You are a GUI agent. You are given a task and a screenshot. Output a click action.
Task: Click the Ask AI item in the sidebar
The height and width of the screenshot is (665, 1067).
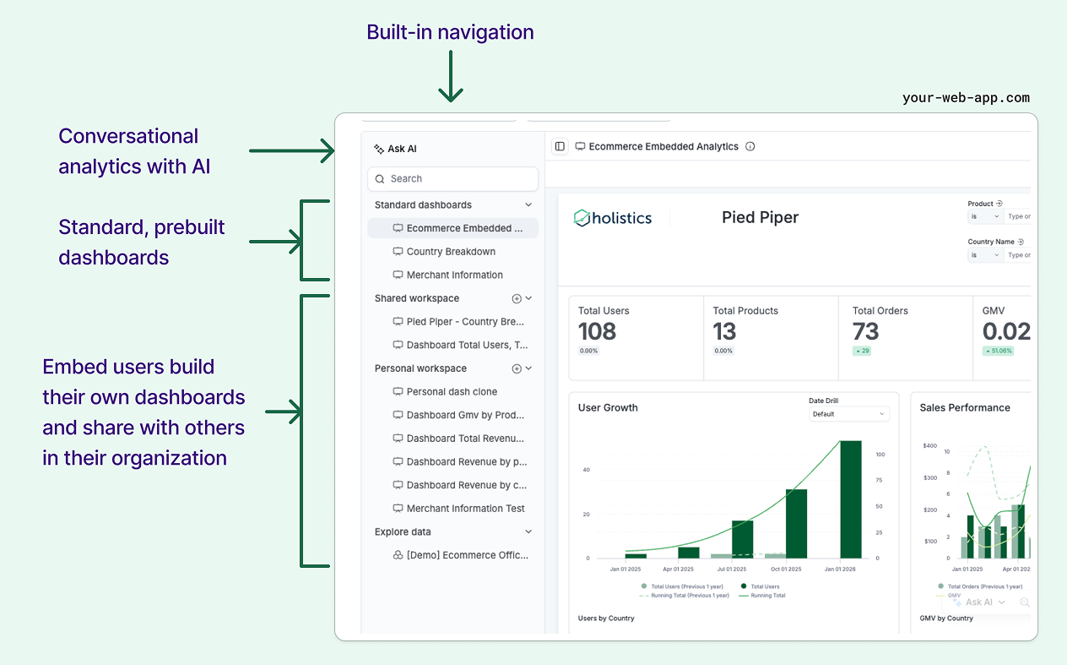click(x=395, y=149)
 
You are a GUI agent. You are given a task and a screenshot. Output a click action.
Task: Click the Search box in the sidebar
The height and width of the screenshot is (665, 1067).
click(x=452, y=179)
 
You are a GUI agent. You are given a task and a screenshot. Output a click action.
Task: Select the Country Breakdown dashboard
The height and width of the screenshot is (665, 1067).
click(x=450, y=252)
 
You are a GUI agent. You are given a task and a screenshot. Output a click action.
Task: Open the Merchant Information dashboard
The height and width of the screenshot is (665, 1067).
click(x=453, y=275)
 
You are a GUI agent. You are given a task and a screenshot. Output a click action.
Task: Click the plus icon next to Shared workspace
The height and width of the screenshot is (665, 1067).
click(x=517, y=299)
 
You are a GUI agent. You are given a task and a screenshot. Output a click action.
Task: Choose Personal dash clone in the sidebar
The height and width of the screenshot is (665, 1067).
click(x=451, y=392)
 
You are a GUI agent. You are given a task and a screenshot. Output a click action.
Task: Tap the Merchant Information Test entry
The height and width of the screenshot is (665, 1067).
click(x=464, y=509)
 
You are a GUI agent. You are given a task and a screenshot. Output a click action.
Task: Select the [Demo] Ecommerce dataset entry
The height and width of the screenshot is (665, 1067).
click(x=466, y=555)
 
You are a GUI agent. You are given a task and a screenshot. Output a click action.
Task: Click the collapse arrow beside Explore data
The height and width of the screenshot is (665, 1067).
click(x=528, y=532)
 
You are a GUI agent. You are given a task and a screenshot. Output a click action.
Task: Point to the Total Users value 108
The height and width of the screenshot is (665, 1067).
click(x=597, y=331)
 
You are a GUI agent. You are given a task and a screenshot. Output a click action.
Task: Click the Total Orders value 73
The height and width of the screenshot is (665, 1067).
click(x=865, y=331)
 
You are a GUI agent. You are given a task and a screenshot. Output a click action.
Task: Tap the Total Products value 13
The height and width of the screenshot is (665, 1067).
click(x=724, y=331)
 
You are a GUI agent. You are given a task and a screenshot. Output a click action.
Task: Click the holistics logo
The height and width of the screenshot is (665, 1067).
click(x=613, y=218)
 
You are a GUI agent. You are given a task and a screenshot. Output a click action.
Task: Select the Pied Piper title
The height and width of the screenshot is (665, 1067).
click(x=760, y=217)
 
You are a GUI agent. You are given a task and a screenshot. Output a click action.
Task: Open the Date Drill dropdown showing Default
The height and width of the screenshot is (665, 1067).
click(x=848, y=414)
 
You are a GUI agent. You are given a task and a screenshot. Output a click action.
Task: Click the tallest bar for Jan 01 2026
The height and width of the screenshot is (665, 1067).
click(x=850, y=499)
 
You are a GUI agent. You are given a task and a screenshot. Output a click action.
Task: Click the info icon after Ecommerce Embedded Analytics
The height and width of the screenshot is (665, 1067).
click(x=750, y=147)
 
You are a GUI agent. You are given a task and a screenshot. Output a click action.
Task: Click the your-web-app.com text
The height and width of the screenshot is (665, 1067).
click(x=966, y=97)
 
